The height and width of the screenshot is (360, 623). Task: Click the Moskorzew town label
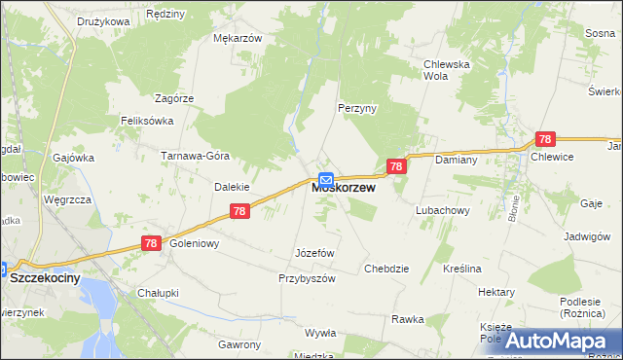[344, 189]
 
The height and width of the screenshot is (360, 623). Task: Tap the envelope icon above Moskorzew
[326, 180]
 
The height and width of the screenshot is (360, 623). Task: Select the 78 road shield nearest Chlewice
[545, 140]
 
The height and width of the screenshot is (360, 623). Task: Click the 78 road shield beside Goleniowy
[150, 243]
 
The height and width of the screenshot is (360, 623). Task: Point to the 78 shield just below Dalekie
[240, 210]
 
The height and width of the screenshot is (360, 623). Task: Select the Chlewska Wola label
[447, 71]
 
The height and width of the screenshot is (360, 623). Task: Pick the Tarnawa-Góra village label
[194, 156]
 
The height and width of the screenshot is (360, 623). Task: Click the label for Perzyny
[356, 108]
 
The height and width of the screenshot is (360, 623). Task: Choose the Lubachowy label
[443, 210]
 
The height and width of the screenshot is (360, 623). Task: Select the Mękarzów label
[238, 38]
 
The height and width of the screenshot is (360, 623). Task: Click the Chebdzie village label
[386, 269]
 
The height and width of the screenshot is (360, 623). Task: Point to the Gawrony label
[239, 344]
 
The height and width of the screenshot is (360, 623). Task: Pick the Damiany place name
[454, 159]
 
